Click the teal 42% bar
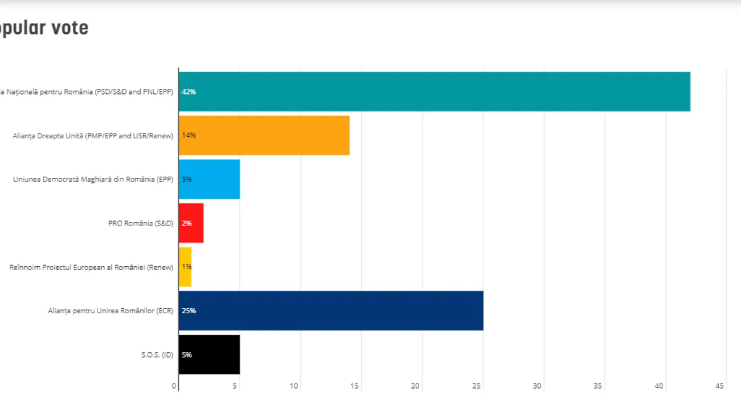(434, 91)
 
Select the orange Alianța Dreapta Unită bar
(264, 135)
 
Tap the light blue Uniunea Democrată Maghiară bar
(209, 179)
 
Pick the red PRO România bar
(191, 223)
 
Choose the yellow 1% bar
(185, 267)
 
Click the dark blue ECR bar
(331, 311)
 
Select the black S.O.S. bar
(209, 355)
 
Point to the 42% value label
(189, 92)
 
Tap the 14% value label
(189, 135)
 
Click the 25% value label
(189, 311)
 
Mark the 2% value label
(186, 223)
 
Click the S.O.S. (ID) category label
(157, 355)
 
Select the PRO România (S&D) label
(141, 223)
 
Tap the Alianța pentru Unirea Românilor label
(111, 311)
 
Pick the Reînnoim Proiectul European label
(91, 267)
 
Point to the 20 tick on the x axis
(416, 386)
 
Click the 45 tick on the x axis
(719, 386)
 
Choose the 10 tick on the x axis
(294, 386)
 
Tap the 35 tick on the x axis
(598, 386)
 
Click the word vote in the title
(69, 28)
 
